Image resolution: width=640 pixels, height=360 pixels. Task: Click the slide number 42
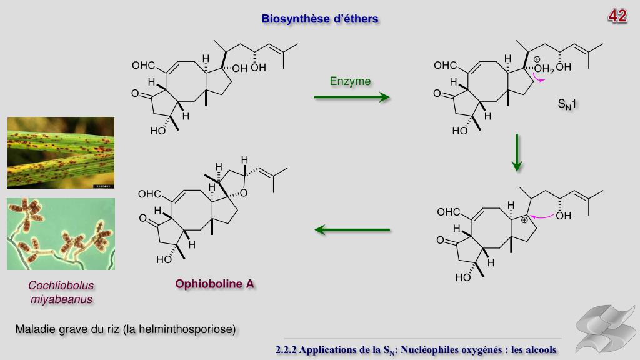point(617,16)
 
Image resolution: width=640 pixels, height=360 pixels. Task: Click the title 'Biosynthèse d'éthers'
point(320,19)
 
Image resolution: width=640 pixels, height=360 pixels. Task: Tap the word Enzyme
point(350,81)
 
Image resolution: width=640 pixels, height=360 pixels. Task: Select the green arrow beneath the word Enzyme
point(351,97)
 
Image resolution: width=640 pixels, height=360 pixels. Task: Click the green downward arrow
point(517,152)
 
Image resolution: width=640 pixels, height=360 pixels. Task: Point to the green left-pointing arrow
point(352,230)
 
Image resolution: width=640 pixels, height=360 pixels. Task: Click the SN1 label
point(567,104)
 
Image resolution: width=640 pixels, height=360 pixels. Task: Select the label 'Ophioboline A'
point(215,284)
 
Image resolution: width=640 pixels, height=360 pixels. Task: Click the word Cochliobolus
point(61,286)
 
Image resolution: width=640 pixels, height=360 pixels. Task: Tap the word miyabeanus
point(61,299)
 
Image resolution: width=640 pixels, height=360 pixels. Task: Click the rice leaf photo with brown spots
point(61,152)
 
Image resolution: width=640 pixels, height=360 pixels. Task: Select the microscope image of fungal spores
point(61,234)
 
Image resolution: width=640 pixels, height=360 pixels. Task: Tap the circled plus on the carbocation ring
point(525,219)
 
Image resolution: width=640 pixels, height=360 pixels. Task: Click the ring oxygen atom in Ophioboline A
point(243,192)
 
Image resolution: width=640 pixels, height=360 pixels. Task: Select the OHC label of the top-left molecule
point(142,66)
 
